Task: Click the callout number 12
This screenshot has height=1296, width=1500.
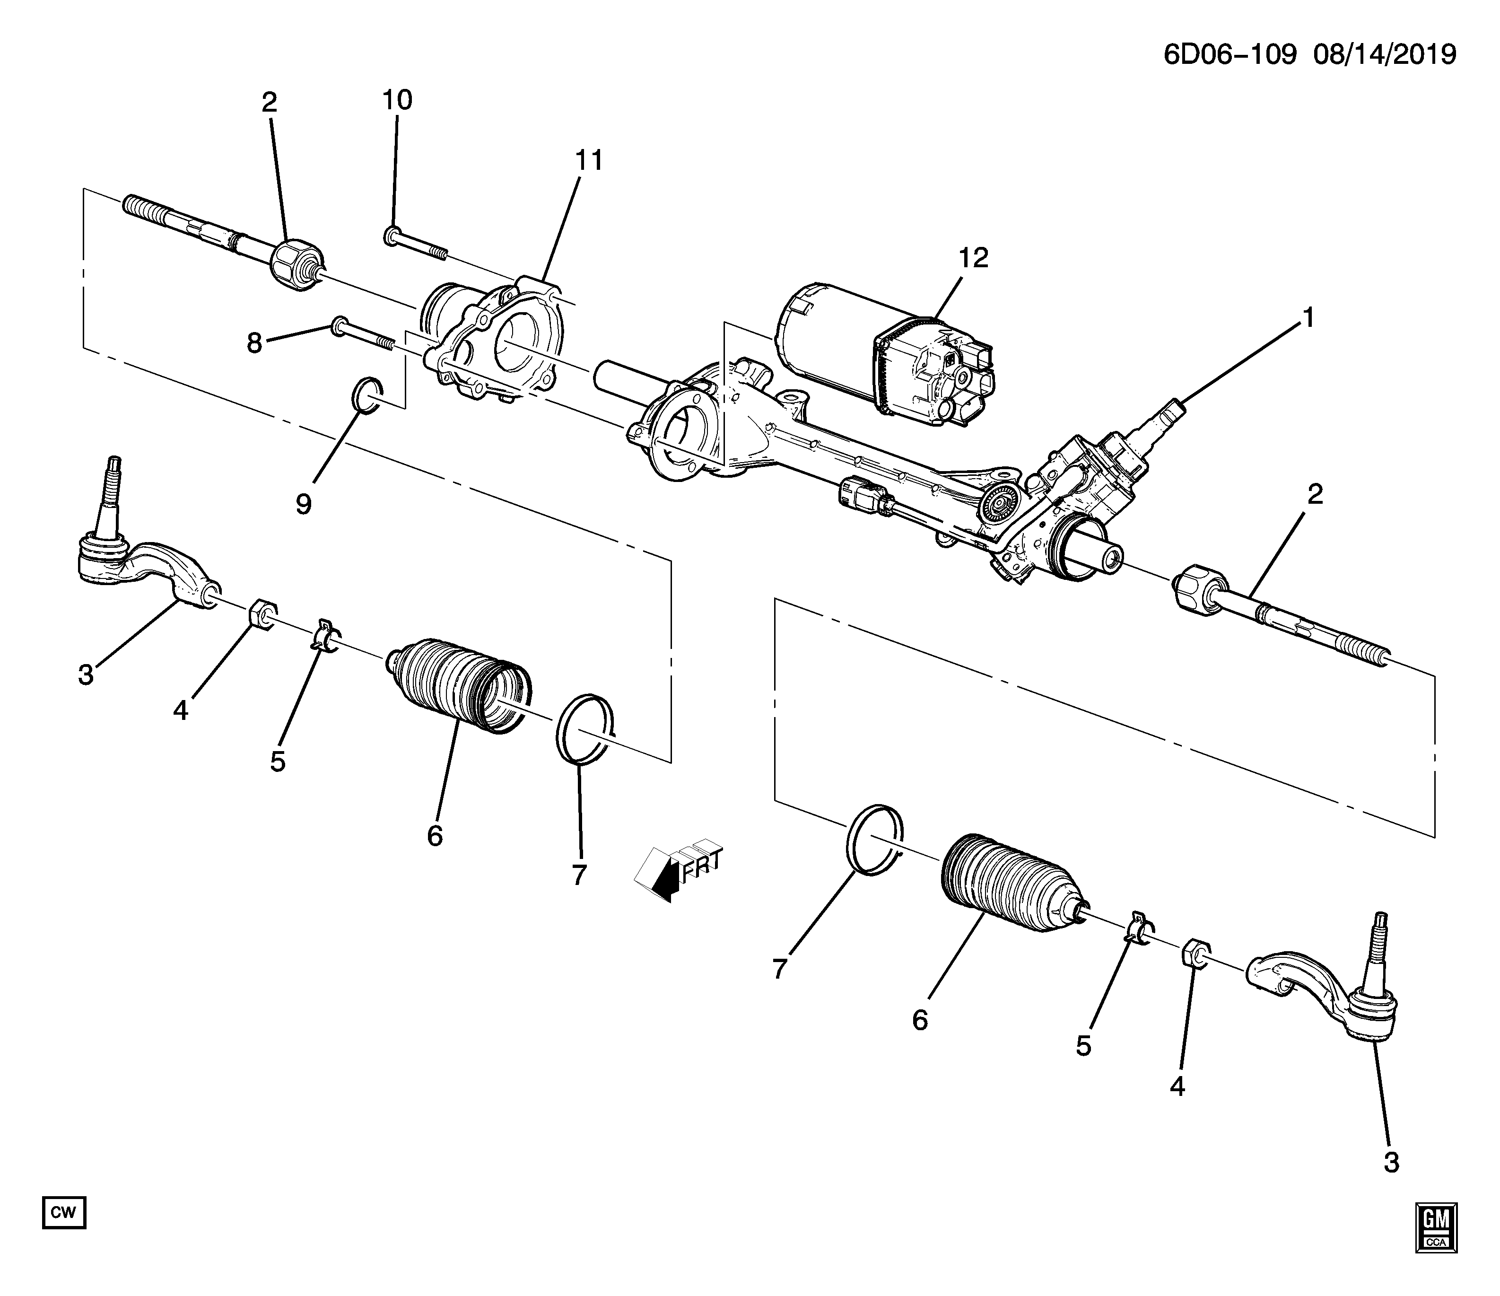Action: pyautogui.click(x=974, y=258)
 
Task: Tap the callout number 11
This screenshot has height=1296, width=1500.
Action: pyautogui.click(x=589, y=161)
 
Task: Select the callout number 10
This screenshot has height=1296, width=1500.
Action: pyautogui.click(x=397, y=100)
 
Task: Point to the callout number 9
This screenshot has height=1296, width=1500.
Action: pyautogui.click(x=303, y=504)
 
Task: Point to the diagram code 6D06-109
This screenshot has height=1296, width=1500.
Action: pyautogui.click(x=1229, y=54)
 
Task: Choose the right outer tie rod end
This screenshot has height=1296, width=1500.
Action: pyautogui.click(x=1323, y=990)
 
